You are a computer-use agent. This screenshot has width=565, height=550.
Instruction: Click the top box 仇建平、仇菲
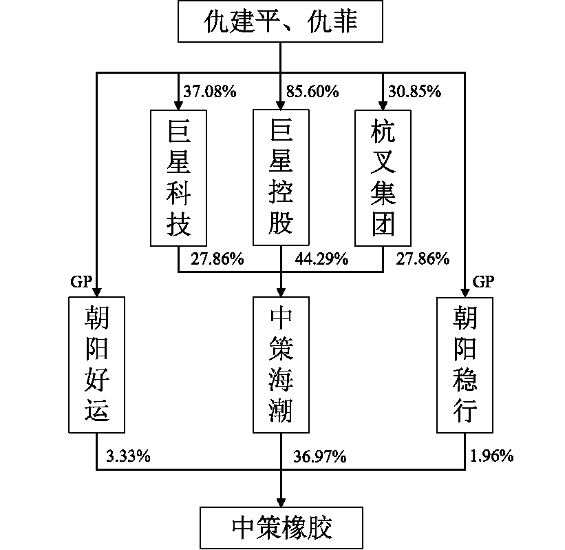(281, 23)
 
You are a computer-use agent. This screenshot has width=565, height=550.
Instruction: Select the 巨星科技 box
(179, 177)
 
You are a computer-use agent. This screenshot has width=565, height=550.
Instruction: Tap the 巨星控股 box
(281, 177)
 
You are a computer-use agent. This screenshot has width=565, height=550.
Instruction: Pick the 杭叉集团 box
(383, 177)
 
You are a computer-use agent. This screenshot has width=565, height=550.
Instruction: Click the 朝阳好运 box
(96, 365)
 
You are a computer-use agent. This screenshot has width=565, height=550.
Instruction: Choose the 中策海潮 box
(281, 365)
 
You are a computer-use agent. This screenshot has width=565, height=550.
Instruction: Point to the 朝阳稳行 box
(465, 365)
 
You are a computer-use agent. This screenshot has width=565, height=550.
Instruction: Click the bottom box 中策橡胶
(281, 528)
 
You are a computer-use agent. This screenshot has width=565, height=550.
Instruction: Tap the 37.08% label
(210, 91)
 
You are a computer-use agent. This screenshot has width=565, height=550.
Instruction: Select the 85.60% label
(312, 91)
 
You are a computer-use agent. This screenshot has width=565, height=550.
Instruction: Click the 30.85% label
(414, 91)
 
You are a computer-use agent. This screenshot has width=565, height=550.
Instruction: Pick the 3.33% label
(129, 456)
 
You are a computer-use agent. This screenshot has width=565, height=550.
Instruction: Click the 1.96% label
(492, 456)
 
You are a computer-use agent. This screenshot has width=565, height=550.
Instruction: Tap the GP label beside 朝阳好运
(81, 281)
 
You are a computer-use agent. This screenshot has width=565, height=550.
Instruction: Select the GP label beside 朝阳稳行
(483, 281)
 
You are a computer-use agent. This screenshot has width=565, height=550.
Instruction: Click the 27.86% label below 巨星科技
(217, 259)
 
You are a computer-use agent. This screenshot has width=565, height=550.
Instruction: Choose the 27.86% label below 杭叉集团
(423, 259)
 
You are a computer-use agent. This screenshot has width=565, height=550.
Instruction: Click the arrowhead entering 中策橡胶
(281, 500)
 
